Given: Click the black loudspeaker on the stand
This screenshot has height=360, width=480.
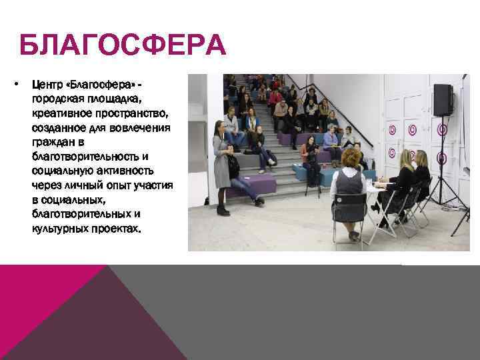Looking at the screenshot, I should (x=442, y=100).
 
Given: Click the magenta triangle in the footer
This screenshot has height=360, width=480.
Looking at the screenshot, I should (x=47, y=293).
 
